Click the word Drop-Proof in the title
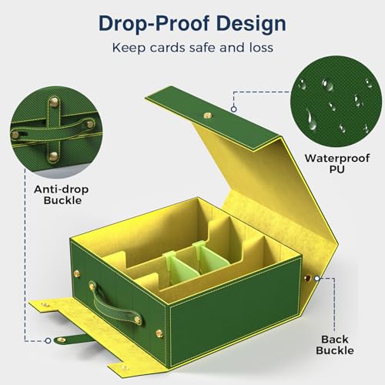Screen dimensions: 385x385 click(x=153, y=24)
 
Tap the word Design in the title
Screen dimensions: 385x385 click(x=251, y=24)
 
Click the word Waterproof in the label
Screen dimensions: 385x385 click(x=337, y=159)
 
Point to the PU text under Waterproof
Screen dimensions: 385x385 click(x=337, y=169)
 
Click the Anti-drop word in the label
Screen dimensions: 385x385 click(x=62, y=189)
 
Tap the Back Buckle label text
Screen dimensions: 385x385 click(x=335, y=345)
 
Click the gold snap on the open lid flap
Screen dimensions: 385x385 click(x=208, y=115)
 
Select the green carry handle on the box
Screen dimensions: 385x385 click(x=115, y=303)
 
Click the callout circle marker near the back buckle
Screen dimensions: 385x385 click(x=317, y=278)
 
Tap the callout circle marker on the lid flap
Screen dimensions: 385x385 click(x=233, y=109)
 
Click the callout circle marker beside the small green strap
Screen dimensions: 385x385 click(x=48, y=340)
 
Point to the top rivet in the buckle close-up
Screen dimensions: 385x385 click(x=54, y=102)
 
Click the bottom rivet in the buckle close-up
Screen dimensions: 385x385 click(x=53, y=156)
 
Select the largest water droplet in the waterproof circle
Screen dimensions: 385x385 click(x=311, y=120)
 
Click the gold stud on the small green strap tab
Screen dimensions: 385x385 click(x=61, y=340)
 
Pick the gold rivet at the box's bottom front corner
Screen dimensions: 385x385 click(x=159, y=333)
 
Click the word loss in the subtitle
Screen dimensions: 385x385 click(x=261, y=48)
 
